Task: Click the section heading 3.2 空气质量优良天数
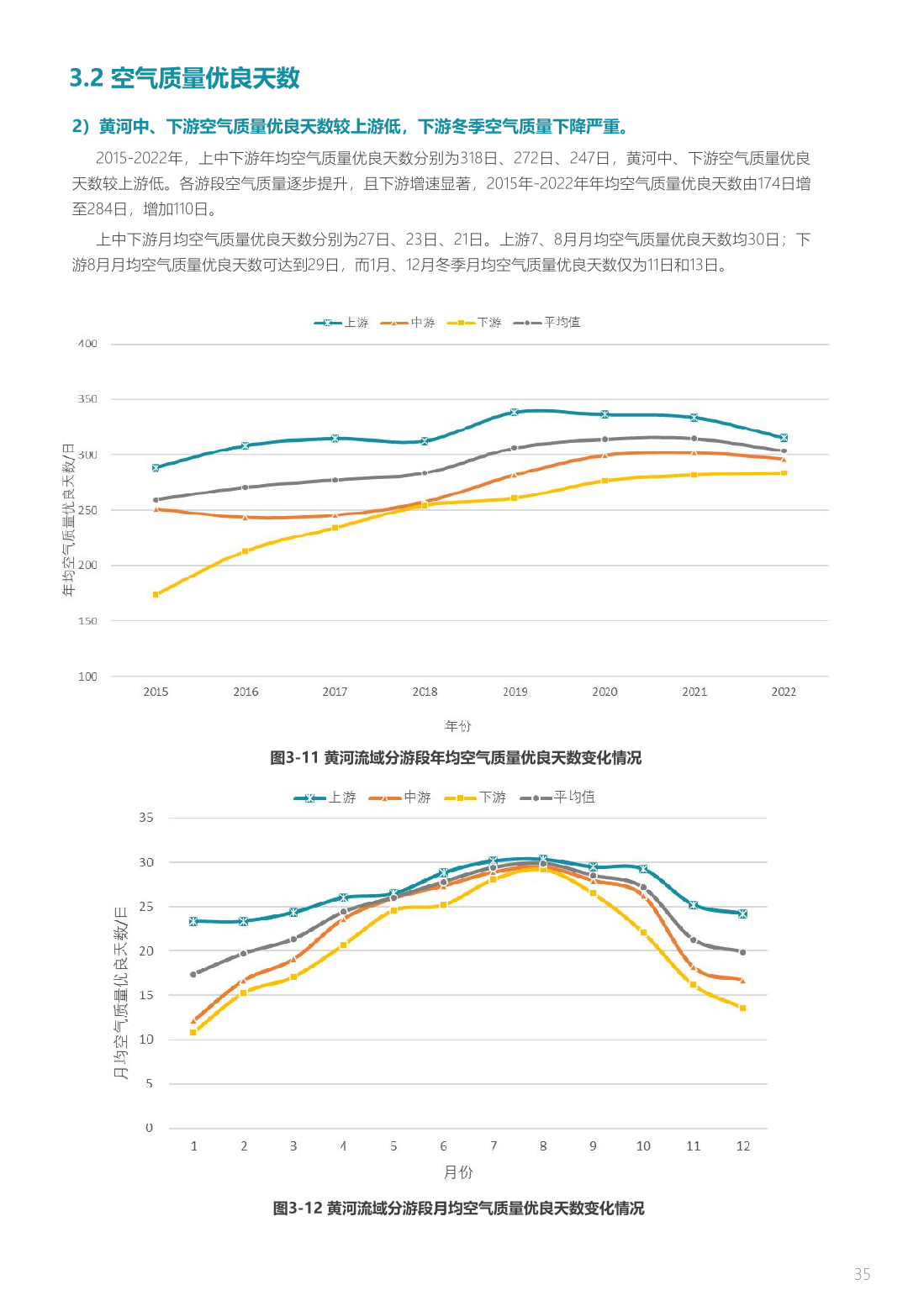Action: pyautogui.click(x=184, y=78)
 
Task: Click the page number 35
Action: pyautogui.click(x=862, y=1274)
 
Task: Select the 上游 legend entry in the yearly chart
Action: pyautogui.click(x=343, y=323)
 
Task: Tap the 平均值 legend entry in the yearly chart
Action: pyautogui.click(x=548, y=323)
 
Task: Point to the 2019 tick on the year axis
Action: pyautogui.click(x=515, y=692)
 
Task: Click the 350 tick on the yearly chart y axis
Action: pyautogui.click(x=87, y=399)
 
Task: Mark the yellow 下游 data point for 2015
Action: pyautogui.click(x=156, y=595)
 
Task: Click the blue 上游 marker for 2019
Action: pyautogui.click(x=515, y=413)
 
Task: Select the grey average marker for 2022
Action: pyautogui.click(x=784, y=451)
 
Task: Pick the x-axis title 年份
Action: pyautogui.click(x=458, y=726)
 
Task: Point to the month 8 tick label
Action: pyautogui.click(x=543, y=1146)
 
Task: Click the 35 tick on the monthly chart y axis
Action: pyautogui.click(x=146, y=818)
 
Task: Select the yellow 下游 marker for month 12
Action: pyautogui.click(x=742, y=1008)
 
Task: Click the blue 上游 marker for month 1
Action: pyautogui.click(x=193, y=921)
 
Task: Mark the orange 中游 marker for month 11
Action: pyautogui.click(x=694, y=967)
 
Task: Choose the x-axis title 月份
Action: pyautogui.click(x=458, y=1172)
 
